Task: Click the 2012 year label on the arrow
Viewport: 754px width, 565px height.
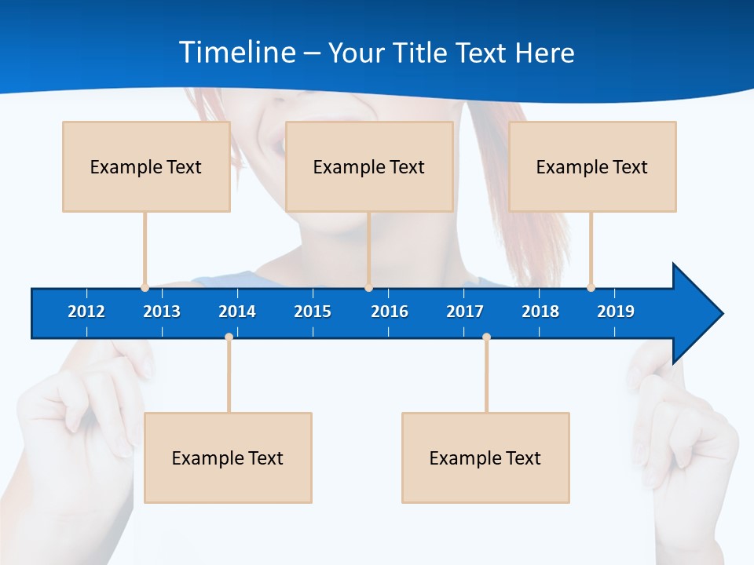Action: coord(86,312)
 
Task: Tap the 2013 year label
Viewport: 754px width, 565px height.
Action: coord(162,312)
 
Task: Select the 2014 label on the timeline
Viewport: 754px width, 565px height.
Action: coord(237,312)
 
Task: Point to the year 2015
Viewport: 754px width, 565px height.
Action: coord(313,312)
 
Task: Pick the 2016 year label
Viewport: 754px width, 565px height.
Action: coord(390,312)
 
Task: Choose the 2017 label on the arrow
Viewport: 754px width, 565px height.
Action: coord(465,312)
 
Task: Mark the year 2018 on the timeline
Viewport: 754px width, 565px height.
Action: coord(540,312)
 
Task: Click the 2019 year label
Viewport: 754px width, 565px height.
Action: coord(616,312)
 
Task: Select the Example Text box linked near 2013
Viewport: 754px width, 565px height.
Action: coord(146,166)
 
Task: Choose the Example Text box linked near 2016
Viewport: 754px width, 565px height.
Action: coord(369,166)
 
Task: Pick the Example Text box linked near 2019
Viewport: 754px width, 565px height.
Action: coord(592,166)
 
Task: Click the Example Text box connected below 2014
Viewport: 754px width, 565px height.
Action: coord(228,457)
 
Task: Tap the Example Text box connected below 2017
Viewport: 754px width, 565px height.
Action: coord(485,457)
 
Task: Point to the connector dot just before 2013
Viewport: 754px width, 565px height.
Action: coord(145,287)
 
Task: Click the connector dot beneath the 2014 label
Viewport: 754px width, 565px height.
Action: coord(229,337)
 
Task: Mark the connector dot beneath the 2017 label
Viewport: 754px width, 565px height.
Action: coord(486,337)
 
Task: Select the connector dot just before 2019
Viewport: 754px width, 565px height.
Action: coord(591,287)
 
